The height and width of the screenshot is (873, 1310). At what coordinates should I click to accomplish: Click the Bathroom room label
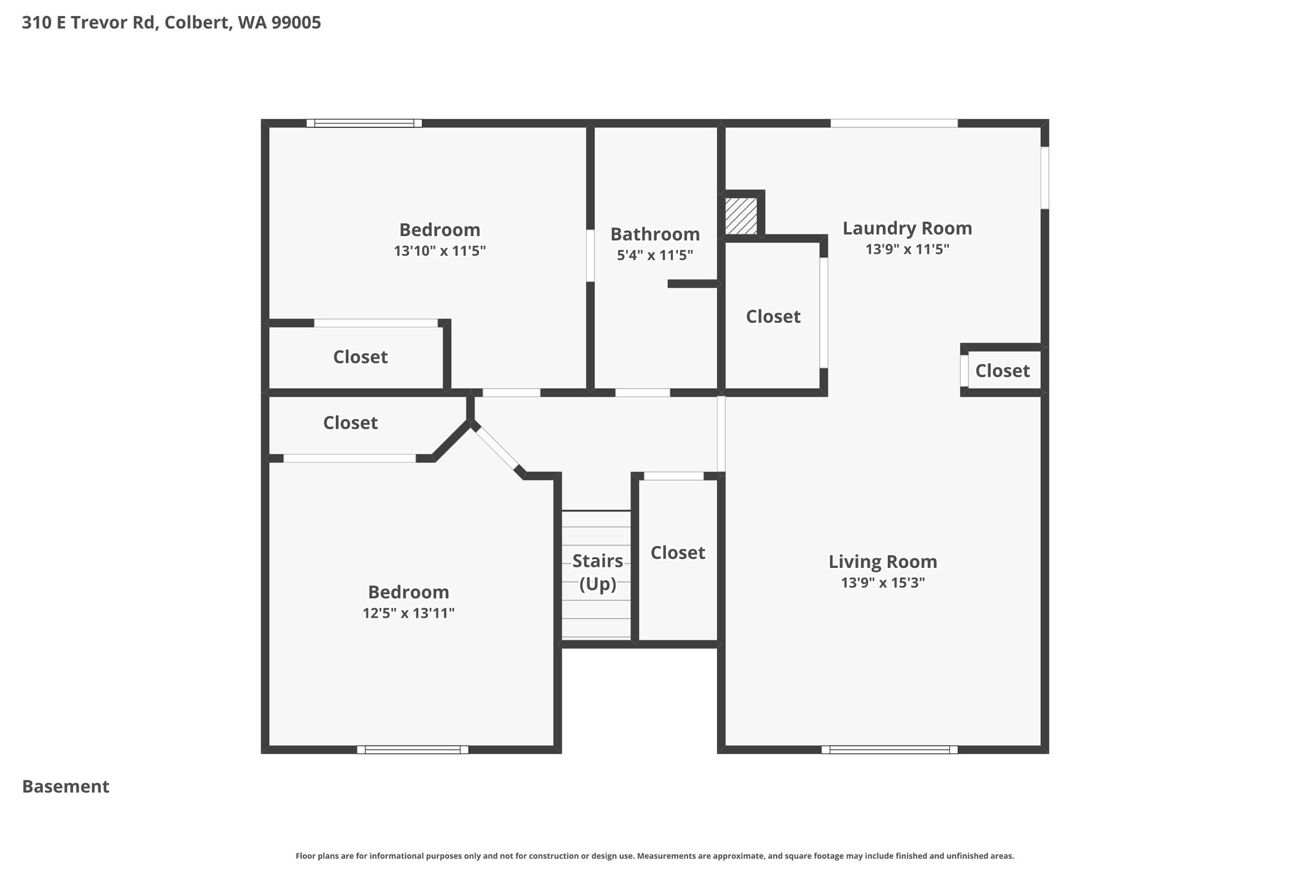click(x=655, y=234)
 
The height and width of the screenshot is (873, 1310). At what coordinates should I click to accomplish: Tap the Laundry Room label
click(x=907, y=228)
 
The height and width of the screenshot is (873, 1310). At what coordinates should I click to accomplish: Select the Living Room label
click(x=883, y=562)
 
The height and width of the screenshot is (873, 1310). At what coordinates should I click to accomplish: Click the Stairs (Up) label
click(x=597, y=572)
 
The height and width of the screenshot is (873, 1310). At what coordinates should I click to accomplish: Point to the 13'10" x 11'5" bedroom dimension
click(x=440, y=251)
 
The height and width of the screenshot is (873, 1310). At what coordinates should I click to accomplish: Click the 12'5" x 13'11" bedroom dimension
click(x=409, y=613)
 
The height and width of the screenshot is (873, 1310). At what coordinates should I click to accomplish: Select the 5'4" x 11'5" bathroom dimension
click(x=655, y=255)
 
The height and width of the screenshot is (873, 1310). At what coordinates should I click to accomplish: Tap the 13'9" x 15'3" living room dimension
click(x=883, y=583)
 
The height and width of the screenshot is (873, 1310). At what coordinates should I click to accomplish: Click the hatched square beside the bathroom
click(x=741, y=216)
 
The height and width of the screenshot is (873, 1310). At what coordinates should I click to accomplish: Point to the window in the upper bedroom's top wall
click(x=364, y=123)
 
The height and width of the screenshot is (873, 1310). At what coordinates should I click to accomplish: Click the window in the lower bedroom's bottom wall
click(x=413, y=750)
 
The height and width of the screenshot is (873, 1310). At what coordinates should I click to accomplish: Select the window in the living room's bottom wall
click(x=889, y=750)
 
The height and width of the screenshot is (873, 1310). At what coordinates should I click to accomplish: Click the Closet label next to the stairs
click(x=678, y=553)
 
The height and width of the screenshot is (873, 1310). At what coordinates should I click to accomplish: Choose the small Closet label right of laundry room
click(x=1002, y=371)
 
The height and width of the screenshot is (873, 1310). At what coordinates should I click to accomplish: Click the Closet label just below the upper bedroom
click(x=360, y=357)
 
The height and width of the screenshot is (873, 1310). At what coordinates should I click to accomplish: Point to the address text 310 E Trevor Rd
click(x=89, y=23)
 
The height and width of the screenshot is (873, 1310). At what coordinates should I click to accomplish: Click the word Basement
click(x=66, y=787)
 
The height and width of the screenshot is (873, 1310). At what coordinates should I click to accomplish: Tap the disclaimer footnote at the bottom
click(x=655, y=856)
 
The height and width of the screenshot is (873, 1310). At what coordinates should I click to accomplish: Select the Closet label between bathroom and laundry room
click(x=773, y=317)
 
